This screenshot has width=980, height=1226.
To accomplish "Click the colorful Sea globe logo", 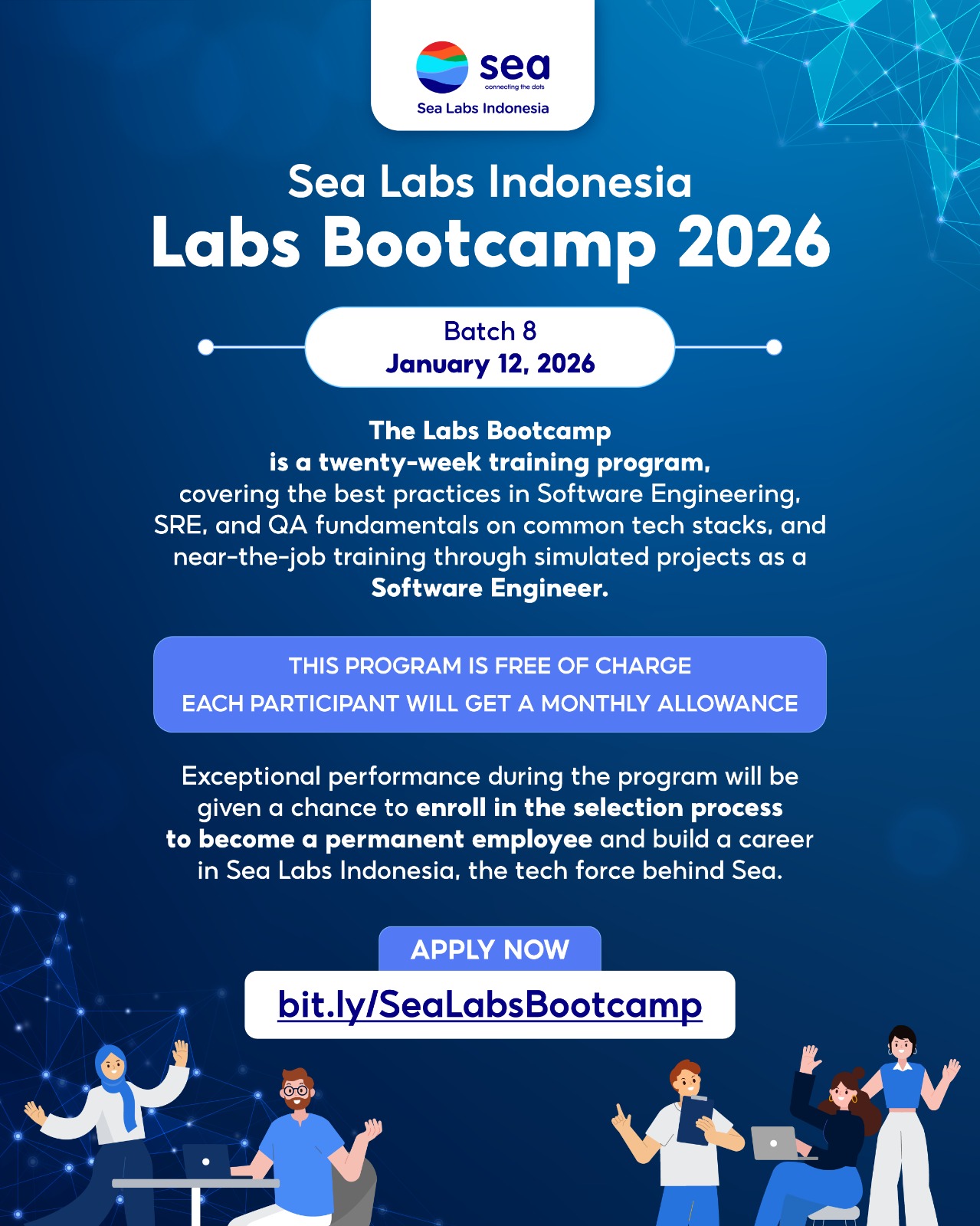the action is tap(442, 67).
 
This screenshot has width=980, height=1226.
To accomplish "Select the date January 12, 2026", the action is tap(490, 364).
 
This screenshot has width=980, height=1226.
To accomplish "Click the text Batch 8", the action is tap(490, 331).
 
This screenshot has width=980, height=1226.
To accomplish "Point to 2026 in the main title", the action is tap(754, 241).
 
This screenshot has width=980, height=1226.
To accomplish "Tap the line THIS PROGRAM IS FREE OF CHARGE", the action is tap(490, 665).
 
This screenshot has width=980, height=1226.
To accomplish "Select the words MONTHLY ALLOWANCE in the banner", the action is tap(670, 703).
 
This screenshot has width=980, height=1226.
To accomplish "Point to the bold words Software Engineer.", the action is tap(490, 588).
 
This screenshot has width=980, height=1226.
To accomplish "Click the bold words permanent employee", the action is tap(459, 839).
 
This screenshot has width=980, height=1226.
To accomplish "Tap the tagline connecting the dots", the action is tap(514, 87).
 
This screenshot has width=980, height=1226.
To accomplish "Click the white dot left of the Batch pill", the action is tap(205, 346).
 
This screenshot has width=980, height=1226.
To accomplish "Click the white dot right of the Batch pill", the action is tap(774, 346).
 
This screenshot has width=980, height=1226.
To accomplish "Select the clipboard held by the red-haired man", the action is tap(694, 1120).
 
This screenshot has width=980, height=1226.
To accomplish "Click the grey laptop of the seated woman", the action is tap(776, 1143).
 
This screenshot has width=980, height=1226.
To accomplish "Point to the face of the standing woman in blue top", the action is tap(902, 1047).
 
